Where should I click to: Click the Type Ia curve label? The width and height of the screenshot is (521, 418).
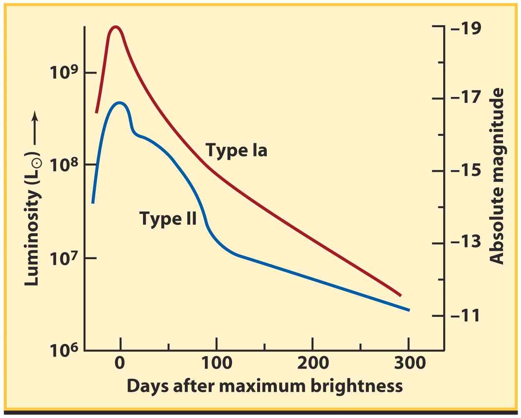[x=236, y=150]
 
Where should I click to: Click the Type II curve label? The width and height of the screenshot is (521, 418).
[x=168, y=218]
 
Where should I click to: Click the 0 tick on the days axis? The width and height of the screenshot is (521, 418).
[x=120, y=362]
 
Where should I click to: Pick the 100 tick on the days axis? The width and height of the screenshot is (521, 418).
[x=216, y=362]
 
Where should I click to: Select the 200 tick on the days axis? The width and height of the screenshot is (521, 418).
[x=313, y=362]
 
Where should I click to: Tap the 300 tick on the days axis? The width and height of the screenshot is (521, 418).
[x=409, y=362]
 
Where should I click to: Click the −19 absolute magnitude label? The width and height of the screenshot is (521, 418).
[x=466, y=28]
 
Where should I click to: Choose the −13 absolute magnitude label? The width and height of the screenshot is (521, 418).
[x=466, y=242]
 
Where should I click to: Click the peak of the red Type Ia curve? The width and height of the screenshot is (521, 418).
[x=116, y=27]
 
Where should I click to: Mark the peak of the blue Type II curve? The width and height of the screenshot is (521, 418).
[x=120, y=102]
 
